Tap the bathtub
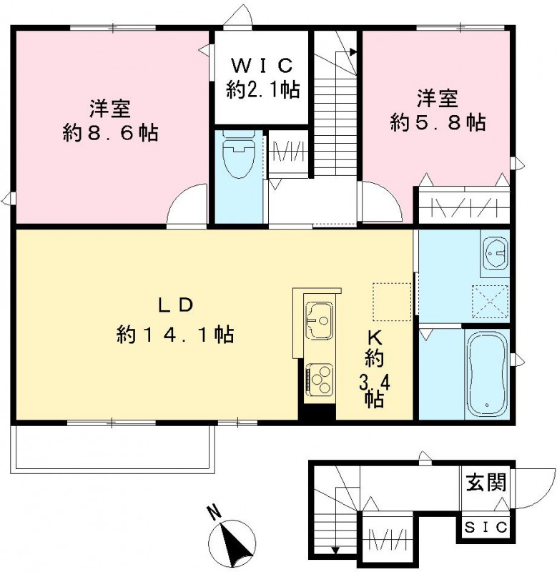pyautogui.click(x=486, y=375)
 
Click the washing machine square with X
pyautogui.click(x=491, y=300)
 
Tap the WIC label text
pyautogui.click(x=262, y=66)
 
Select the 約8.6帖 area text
pyautogui.click(x=109, y=133)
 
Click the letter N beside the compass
pyautogui.click(x=212, y=512)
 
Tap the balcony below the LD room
pyautogui.click(x=112, y=450)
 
